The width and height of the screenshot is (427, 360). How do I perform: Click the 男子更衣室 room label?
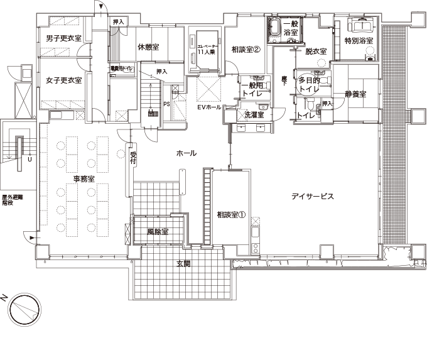[64, 39]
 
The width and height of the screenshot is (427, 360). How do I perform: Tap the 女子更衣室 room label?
[64, 80]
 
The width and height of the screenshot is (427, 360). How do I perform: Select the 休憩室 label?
[148, 47]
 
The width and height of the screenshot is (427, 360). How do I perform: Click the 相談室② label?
[246, 49]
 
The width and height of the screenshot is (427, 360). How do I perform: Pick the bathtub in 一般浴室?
[275, 28]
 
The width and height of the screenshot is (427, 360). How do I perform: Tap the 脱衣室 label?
[316, 52]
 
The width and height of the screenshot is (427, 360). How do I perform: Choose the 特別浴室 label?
[359, 41]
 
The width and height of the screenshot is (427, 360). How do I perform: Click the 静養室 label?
[355, 95]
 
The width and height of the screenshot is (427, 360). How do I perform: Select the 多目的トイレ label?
[309, 85]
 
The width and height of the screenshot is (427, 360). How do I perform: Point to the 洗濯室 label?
[254, 116]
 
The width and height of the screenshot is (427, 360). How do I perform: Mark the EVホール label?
[208, 108]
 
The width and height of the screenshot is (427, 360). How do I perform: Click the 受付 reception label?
[133, 157]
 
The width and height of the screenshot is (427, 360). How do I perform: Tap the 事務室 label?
[84, 179]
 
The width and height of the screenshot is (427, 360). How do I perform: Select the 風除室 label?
[158, 232]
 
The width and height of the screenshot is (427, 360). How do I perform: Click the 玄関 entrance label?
[183, 264]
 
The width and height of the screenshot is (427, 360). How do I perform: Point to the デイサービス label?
[312, 197]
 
